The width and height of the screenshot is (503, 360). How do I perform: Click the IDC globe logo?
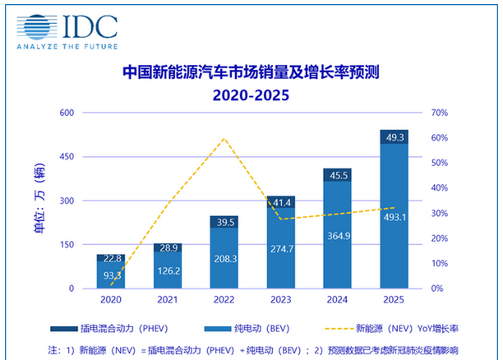(x=37, y=27)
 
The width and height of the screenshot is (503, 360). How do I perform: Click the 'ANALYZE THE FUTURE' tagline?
(x=67, y=47)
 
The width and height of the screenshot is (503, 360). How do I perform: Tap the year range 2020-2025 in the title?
(x=251, y=95)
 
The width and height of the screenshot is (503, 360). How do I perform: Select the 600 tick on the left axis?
(x=67, y=113)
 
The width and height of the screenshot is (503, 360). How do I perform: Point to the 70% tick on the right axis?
(x=440, y=113)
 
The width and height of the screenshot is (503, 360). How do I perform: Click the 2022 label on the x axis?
(x=224, y=300)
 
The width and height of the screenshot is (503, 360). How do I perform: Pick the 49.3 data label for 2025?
(x=395, y=137)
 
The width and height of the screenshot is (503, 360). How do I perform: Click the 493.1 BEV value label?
(x=395, y=217)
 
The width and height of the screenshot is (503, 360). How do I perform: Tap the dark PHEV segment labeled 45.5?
(x=338, y=175)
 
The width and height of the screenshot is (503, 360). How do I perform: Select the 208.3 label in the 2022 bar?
(x=225, y=259)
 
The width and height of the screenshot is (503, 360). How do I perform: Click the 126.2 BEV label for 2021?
(x=168, y=271)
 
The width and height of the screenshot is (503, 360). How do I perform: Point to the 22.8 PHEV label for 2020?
(x=112, y=258)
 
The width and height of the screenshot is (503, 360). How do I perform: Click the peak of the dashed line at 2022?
(x=224, y=138)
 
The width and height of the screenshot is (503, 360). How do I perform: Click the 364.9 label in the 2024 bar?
(x=339, y=236)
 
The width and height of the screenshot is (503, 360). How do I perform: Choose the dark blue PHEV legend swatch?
(x=64, y=329)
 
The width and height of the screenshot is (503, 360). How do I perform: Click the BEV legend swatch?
(x=218, y=329)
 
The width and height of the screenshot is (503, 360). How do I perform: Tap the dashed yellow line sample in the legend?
(x=339, y=329)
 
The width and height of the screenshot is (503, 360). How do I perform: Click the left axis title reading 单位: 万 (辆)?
(x=39, y=198)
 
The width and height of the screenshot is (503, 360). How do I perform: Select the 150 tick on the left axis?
(x=67, y=244)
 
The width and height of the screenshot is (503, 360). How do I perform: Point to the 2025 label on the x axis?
(x=394, y=300)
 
